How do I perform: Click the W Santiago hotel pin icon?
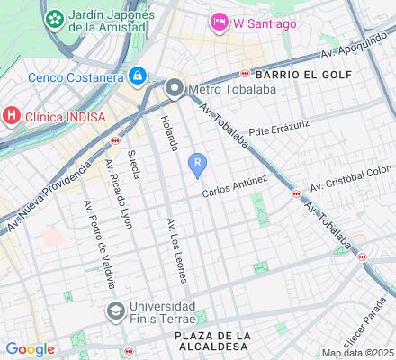tap(219, 21)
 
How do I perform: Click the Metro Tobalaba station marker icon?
tap(175, 87)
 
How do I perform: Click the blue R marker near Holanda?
tap(198, 162)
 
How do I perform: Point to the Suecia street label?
tap(135, 163)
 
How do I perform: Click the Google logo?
tap(30, 348)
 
